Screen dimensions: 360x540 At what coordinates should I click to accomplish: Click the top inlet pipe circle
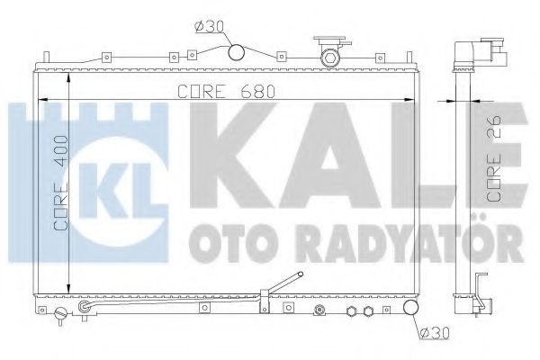(x=238, y=53)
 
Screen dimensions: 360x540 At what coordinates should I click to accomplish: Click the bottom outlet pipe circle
(x=410, y=310)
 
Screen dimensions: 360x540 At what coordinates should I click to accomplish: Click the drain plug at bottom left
(x=61, y=316)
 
